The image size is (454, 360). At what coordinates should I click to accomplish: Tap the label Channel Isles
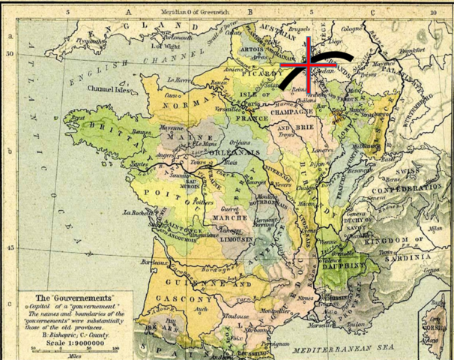click(108, 88)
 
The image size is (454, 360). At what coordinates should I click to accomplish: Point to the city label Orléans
click(240, 141)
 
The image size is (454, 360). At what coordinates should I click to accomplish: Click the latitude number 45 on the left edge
click(10, 248)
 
